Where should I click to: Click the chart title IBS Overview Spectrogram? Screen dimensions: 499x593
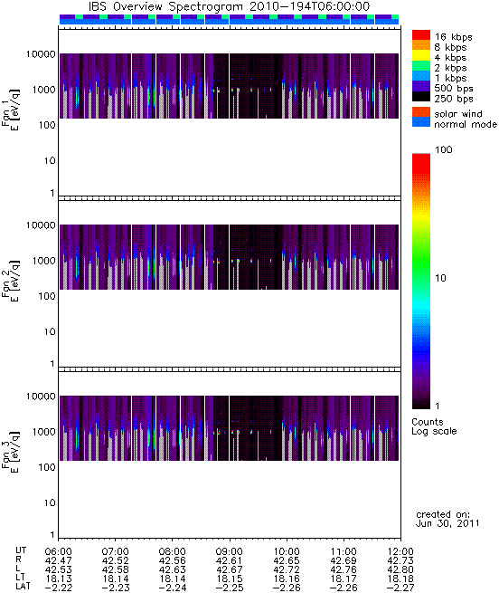166,6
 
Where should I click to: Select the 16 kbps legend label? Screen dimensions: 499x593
453,37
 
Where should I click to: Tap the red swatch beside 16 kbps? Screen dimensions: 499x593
421,34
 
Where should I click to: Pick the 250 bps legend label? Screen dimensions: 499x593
454,99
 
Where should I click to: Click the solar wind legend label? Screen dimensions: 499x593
458,114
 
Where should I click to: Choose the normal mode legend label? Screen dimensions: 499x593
466,124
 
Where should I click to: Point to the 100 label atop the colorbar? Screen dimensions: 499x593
444,149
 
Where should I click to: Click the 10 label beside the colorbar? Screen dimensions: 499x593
441,278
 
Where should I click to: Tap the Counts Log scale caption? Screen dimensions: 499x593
434,426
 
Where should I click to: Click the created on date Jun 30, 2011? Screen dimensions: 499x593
447,524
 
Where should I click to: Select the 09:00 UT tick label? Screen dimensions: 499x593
230,551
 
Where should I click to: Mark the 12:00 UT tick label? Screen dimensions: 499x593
400,551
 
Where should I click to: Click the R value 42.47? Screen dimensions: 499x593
58,560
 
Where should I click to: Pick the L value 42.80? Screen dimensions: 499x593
400,569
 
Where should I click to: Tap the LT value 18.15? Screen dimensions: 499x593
230,579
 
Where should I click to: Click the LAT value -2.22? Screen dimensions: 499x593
58,588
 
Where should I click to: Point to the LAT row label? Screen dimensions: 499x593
23,587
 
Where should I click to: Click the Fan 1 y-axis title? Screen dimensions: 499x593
11,110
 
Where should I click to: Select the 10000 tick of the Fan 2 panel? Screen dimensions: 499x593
41,225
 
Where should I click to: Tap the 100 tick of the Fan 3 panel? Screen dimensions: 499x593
47,467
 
